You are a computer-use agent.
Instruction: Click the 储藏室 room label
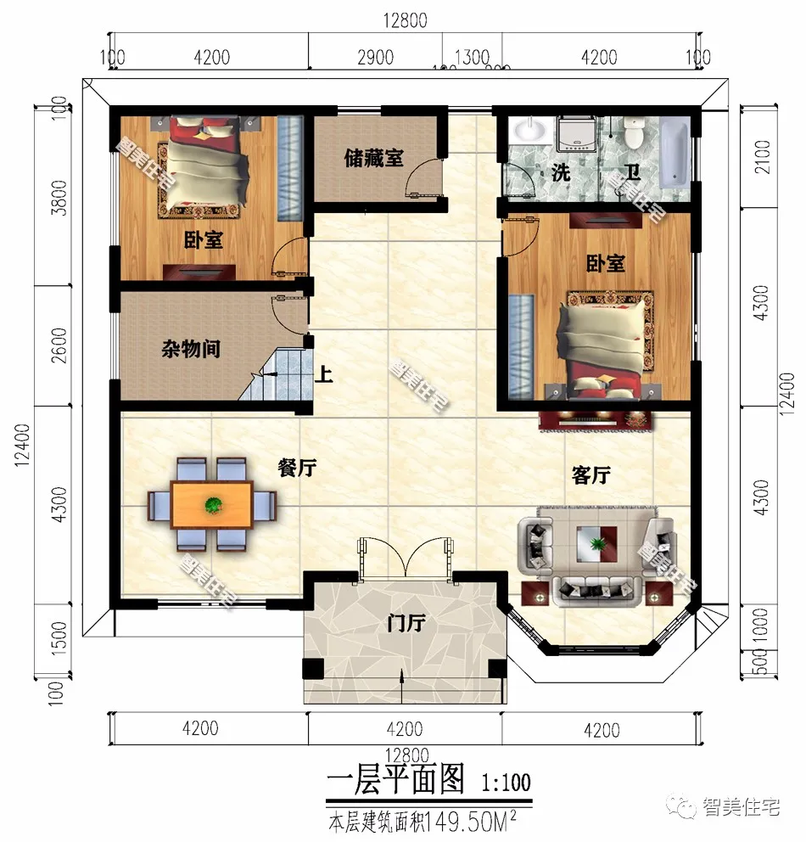(373, 158)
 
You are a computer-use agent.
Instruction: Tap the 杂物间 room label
(192, 349)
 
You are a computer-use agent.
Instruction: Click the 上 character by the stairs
(323, 374)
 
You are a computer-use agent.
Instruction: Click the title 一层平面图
(396, 778)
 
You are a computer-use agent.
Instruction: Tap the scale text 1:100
(507, 780)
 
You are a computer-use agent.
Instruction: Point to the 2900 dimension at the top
(376, 57)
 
